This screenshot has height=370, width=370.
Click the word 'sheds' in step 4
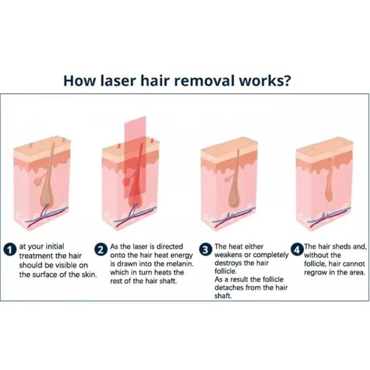[342, 246]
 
